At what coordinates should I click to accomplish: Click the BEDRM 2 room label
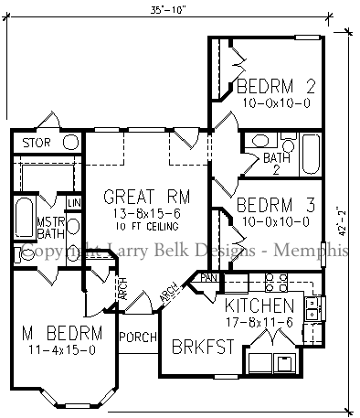tap(276, 88)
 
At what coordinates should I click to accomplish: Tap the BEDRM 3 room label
tap(276, 205)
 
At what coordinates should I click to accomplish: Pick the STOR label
tap(37, 143)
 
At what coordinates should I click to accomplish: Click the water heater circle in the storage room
tap(69, 142)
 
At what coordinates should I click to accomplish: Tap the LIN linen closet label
tap(74, 202)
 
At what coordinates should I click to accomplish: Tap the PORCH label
tap(138, 336)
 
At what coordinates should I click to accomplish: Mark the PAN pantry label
tap(209, 277)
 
